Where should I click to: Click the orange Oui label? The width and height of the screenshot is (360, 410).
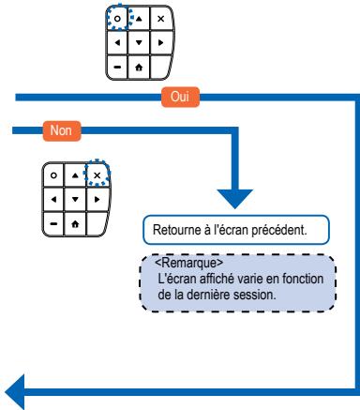(x=180, y=95)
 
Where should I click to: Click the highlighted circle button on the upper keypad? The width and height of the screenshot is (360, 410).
(x=117, y=19)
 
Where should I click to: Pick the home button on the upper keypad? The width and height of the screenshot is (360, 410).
(x=138, y=66)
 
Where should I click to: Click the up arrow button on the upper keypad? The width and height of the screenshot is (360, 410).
(x=138, y=19)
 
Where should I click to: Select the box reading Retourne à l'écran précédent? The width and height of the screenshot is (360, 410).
(x=239, y=227)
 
